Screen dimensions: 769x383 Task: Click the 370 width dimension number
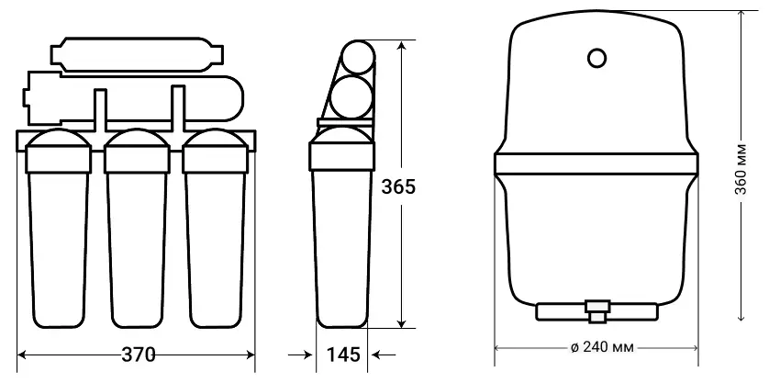point(139,355)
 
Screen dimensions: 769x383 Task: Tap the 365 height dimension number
point(398,187)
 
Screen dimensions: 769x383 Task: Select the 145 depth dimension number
point(343,355)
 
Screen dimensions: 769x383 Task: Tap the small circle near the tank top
point(596,58)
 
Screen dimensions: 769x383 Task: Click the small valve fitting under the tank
point(596,310)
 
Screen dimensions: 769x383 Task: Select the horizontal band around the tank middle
point(596,164)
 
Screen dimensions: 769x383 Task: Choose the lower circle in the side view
point(351,96)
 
